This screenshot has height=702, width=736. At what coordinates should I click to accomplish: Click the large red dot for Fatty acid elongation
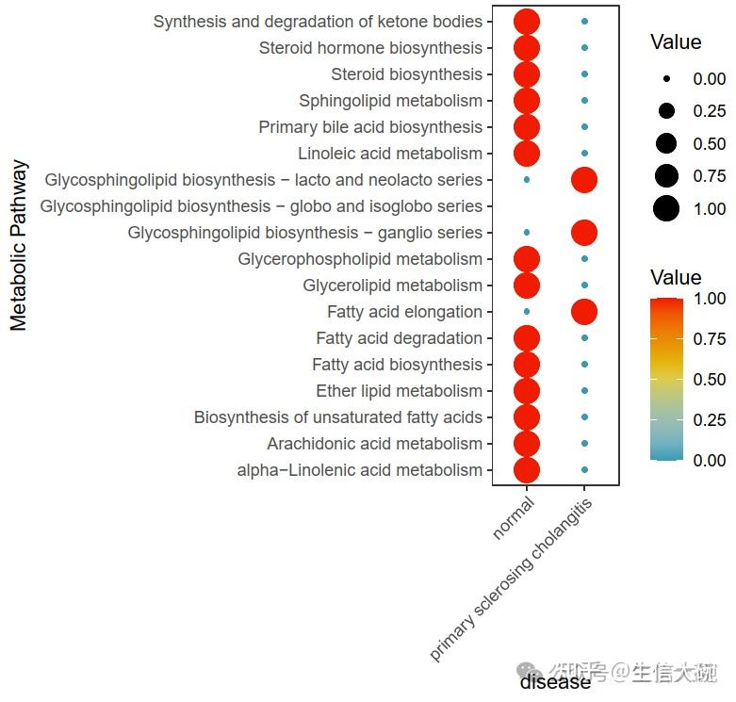(x=584, y=312)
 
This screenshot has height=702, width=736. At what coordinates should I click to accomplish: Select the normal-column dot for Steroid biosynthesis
(x=527, y=74)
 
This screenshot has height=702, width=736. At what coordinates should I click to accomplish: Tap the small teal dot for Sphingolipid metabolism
(x=584, y=101)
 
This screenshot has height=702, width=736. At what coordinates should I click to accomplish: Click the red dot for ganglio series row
(x=584, y=233)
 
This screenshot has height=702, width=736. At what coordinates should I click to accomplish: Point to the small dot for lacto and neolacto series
(x=527, y=180)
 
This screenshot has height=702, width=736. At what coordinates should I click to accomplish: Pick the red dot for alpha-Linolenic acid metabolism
(x=527, y=470)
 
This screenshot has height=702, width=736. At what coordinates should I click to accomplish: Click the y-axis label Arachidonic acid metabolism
(x=374, y=444)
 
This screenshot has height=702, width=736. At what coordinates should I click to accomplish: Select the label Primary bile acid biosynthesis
(x=370, y=127)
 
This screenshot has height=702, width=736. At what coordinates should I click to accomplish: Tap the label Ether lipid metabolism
(x=399, y=391)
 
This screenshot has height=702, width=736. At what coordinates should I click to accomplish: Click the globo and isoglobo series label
(x=262, y=206)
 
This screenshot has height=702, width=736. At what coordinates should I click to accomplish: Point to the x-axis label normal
(x=514, y=519)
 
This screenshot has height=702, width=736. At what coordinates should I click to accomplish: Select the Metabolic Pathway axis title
(x=19, y=246)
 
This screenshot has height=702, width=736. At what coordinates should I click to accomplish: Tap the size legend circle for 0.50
(x=667, y=144)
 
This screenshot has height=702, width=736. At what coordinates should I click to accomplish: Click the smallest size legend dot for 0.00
(x=667, y=80)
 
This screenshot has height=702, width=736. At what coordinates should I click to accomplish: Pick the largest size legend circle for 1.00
(x=667, y=208)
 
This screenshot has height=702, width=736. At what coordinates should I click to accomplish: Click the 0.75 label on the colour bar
(x=710, y=339)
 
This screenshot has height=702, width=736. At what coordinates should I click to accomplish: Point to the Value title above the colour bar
(x=676, y=278)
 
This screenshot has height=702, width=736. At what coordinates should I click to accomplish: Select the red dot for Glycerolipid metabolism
(x=527, y=286)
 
